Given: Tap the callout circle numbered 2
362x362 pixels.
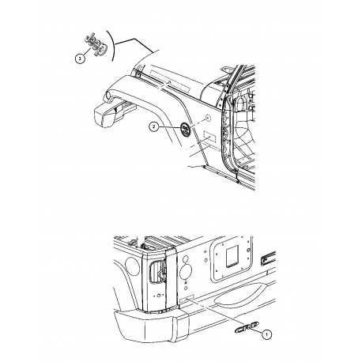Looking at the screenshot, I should [156, 127].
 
